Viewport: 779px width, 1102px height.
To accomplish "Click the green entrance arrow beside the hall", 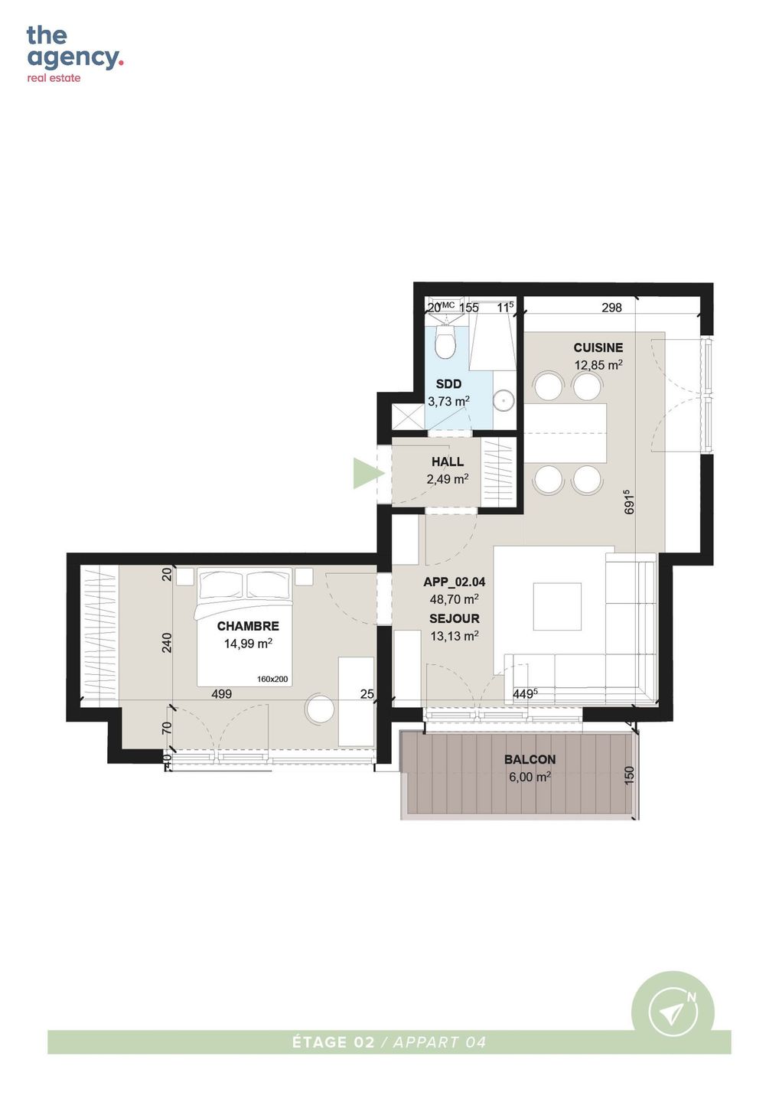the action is (367, 473).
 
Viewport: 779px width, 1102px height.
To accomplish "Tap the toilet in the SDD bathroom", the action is (446, 342).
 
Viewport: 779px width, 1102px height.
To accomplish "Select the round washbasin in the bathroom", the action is (504, 400).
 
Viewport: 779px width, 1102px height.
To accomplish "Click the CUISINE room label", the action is (598, 347).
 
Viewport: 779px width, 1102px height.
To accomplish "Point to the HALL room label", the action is (448, 461).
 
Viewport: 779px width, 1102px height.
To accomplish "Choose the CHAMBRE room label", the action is (248, 626).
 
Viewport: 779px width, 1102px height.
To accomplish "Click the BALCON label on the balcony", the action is (530, 759).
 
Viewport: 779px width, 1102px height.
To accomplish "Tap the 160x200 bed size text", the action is (272, 680).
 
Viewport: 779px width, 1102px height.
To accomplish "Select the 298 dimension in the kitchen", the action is (611, 308).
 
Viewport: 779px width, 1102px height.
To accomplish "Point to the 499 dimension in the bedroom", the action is (221, 693).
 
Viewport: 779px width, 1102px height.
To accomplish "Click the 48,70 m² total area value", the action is (455, 599).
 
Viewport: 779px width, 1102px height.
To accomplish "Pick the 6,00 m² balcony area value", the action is (530, 777).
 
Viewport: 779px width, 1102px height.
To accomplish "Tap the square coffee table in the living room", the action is (557, 606).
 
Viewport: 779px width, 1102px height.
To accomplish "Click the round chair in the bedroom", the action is (320, 707).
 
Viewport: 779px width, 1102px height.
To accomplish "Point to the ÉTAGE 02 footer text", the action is (334, 1042).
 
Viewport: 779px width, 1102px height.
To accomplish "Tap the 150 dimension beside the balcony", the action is (630, 775).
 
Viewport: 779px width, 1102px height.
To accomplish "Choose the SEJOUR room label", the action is (455, 618).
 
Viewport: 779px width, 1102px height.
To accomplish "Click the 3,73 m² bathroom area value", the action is (448, 401).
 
